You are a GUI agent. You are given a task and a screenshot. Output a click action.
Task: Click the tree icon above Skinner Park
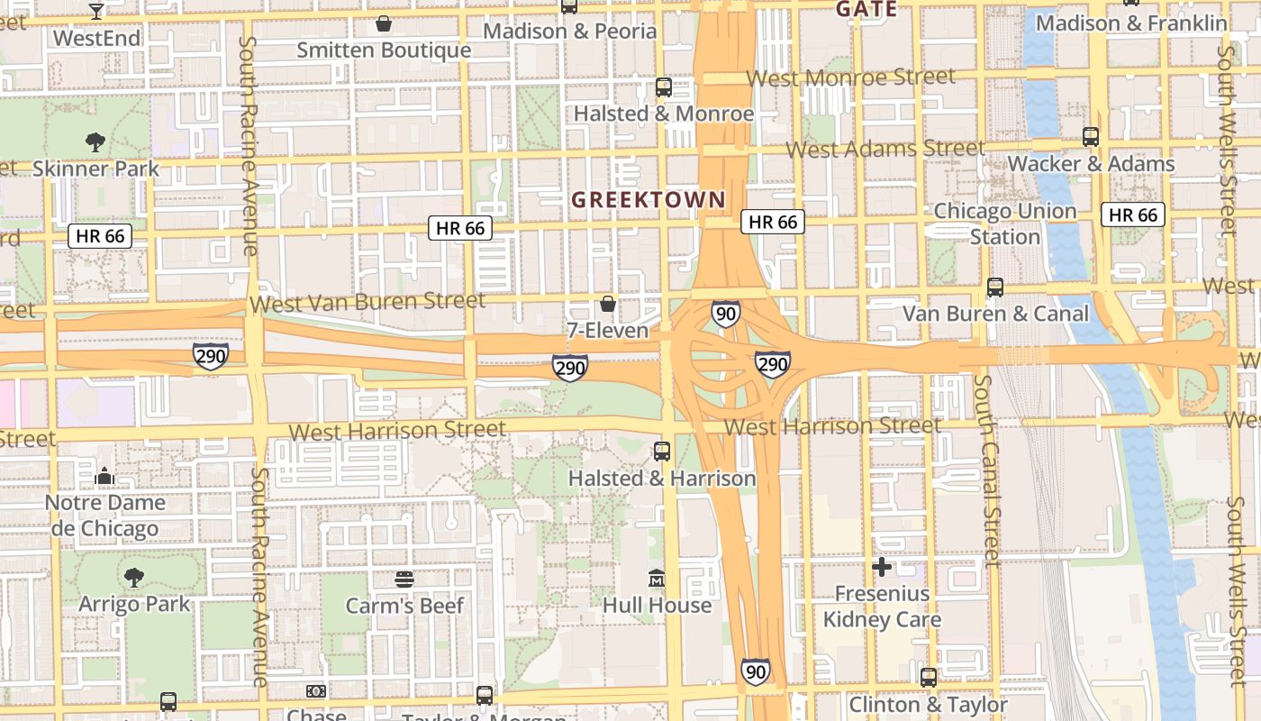[95, 141]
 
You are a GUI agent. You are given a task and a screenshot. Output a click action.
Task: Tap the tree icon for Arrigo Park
[134, 577]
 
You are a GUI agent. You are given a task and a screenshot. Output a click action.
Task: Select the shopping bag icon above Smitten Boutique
[384, 23]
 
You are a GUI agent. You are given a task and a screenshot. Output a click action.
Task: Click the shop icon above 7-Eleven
[608, 305]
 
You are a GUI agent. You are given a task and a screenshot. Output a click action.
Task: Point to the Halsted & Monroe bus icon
[664, 87]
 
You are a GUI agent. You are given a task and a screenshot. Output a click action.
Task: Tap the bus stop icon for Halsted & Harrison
[662, 452]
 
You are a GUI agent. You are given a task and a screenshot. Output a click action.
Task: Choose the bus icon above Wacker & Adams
[1091, 137]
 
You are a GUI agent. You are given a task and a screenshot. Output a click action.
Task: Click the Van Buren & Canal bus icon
[995, 287]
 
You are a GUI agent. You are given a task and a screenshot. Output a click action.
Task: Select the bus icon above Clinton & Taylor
[929, 678]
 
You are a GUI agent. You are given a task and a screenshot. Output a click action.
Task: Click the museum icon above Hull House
[657, 578]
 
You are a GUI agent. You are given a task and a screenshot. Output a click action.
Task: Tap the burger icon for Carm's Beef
[404, 579]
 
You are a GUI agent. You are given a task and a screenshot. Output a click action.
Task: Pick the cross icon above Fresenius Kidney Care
[882, 567]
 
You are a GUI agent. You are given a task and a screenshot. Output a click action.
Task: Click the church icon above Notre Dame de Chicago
[105, 476]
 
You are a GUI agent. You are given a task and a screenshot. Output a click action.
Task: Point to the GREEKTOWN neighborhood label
[649, 200]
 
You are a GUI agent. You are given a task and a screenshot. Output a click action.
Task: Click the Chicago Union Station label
[1005, 224]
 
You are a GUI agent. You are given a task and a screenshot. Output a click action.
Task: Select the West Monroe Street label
[851, 78]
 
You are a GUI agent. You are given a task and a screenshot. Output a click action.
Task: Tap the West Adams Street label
[886, 149]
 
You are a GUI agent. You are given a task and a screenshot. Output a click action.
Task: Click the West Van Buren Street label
[367, 302]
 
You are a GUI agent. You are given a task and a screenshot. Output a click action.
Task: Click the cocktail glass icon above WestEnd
[96, 11]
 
